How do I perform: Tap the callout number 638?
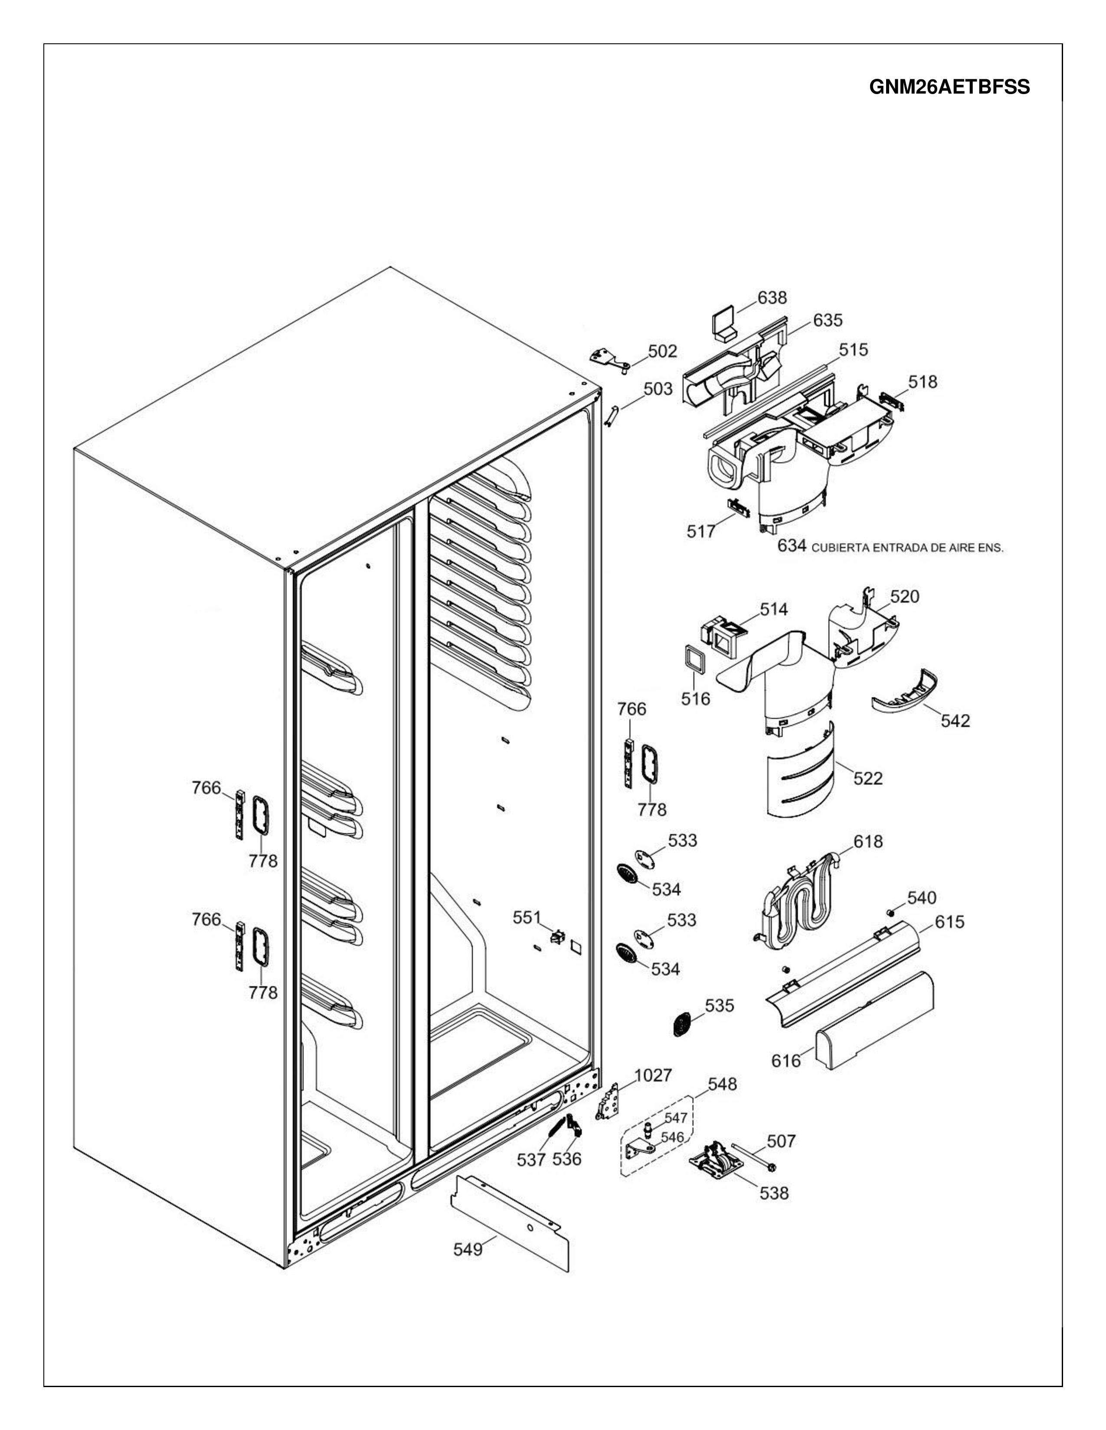(772, 298)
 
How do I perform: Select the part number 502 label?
(662, 351)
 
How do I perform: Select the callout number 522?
(868, 779)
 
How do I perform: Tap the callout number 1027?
(653, 1076)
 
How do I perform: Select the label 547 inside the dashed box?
(675, 1118)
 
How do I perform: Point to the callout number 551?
(526, 918)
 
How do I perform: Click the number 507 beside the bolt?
(781, 1142)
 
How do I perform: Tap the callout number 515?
(853, 350)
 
